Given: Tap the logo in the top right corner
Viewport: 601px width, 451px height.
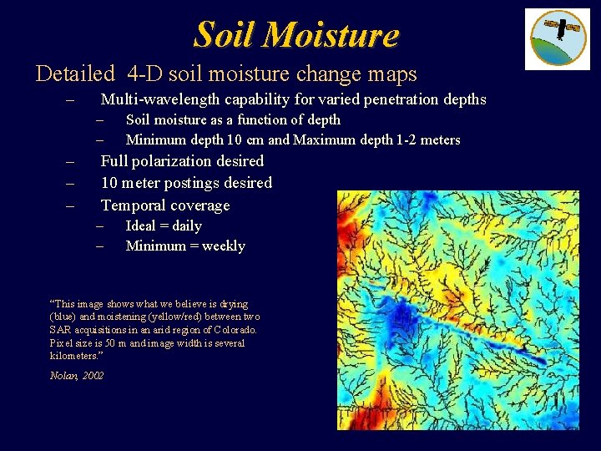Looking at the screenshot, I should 557,38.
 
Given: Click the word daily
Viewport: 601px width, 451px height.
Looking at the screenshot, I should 186,225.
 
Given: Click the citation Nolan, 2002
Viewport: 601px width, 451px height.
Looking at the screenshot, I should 77,376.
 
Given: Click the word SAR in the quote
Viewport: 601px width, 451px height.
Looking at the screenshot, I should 62,330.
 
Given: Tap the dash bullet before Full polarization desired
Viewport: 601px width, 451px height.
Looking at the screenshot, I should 71,161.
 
